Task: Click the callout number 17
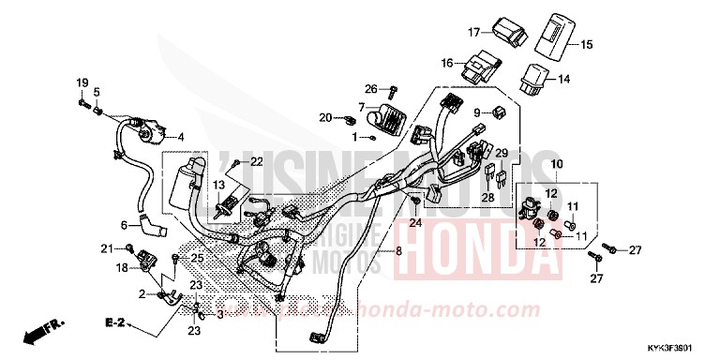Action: pyautogui.click(x=474, y=33)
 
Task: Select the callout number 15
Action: pyautogui.click(x=588, y=45)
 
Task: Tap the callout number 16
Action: pyautogui.click(x=448, y=64)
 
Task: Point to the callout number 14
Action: pyautogui.click(x=564, y=80)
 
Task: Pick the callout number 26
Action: pyautogui.click(x=371, y=89)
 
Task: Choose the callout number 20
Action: pyautogui.click(x=325, y=117)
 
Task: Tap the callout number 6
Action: pyautogui.click(x=123, y=225)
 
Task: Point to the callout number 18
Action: pyautogui.click(x=123, y=267)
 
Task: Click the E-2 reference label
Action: pyautogui.click(x=115, y=322)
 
